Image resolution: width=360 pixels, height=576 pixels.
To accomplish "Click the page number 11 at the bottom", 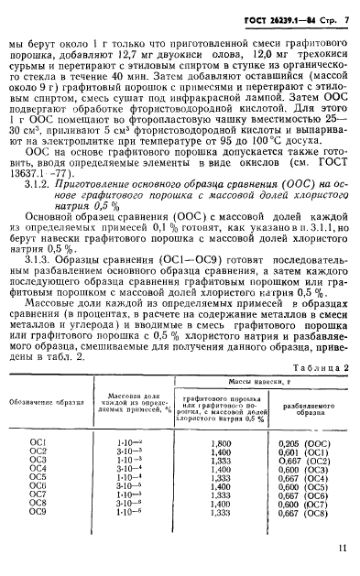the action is pos(341,549).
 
